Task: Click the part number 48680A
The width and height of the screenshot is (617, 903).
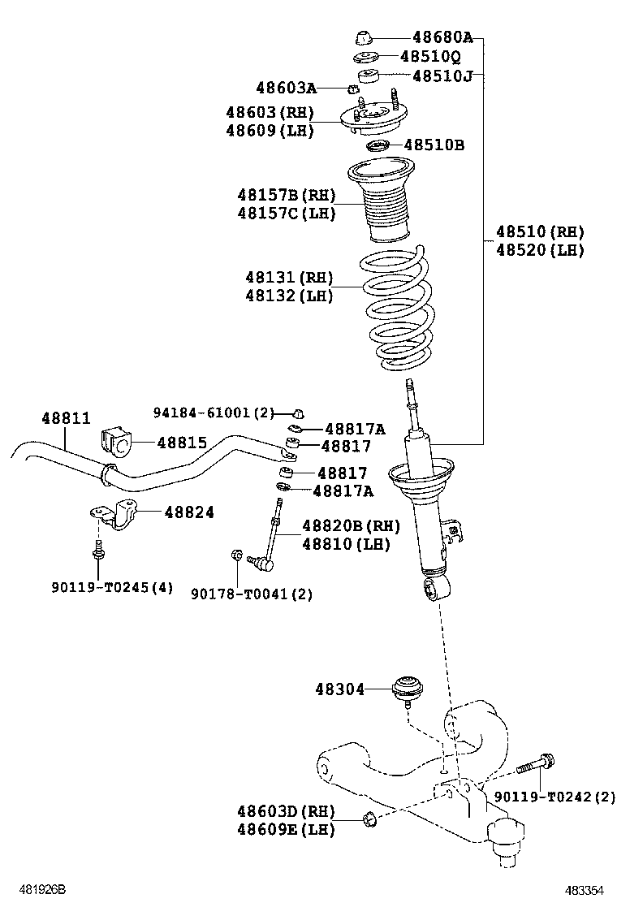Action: coord(442,37)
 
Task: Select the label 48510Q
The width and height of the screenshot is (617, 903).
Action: coord(430,57)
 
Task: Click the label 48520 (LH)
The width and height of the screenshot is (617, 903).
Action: coord(540,251)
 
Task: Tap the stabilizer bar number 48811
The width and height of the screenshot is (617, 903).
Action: coord(66,417)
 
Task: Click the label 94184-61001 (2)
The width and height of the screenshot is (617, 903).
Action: coord(214,413)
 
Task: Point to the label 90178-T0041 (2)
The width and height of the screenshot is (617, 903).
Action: coord(252,594)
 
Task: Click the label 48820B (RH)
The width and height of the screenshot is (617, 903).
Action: coord(351,526)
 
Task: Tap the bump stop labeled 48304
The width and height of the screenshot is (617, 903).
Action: coord(406,689)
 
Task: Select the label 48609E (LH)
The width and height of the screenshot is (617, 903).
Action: coord(286,829)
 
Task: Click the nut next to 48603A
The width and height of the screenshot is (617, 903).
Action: coord(353,89)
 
